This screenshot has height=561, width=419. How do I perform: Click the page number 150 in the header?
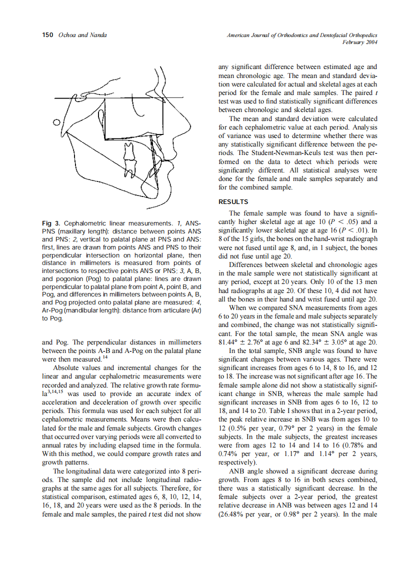47,35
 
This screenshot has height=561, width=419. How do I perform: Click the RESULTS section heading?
233,202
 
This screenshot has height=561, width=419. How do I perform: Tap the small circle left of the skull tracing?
56,121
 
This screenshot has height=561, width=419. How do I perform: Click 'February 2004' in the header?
359,42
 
